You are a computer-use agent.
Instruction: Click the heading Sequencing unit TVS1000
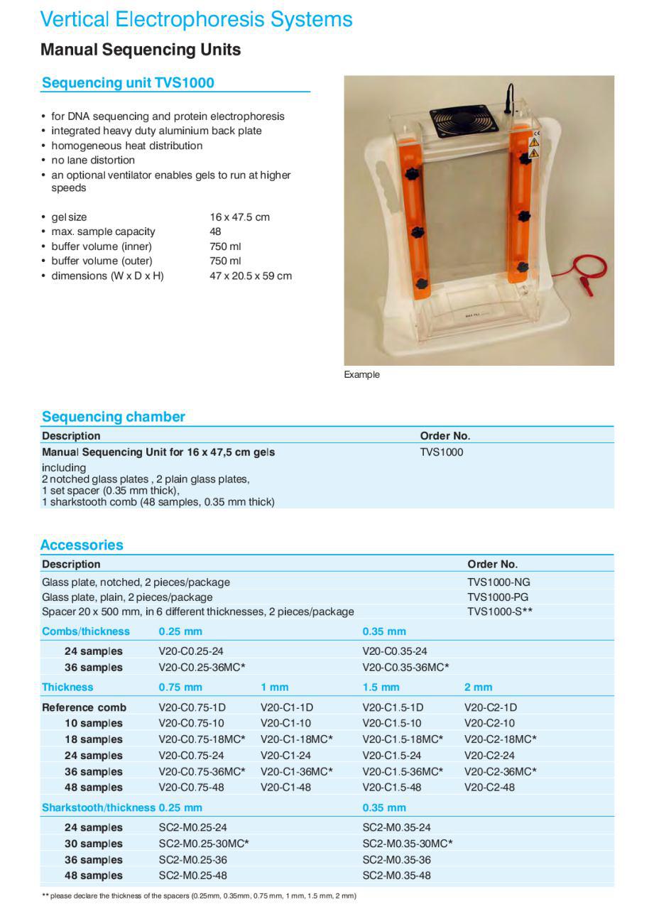point(128,82)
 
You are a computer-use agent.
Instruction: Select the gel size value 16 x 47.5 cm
point(239,217)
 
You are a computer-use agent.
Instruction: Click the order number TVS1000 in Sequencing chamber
point(441,452)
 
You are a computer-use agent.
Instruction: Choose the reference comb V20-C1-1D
point(287,707)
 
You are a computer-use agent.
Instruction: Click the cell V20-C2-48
point(489,787)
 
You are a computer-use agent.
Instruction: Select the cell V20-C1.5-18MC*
point(403,739)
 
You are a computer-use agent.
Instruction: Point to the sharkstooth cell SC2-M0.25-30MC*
point(204,844)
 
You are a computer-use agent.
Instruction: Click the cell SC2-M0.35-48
point(396,876)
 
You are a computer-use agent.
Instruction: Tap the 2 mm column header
point(478,687)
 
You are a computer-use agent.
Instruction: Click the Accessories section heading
point(82,545)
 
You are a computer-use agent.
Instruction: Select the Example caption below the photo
point(361,374)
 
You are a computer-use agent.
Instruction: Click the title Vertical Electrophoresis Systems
point(196,19)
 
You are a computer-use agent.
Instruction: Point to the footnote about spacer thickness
point(199,896)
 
